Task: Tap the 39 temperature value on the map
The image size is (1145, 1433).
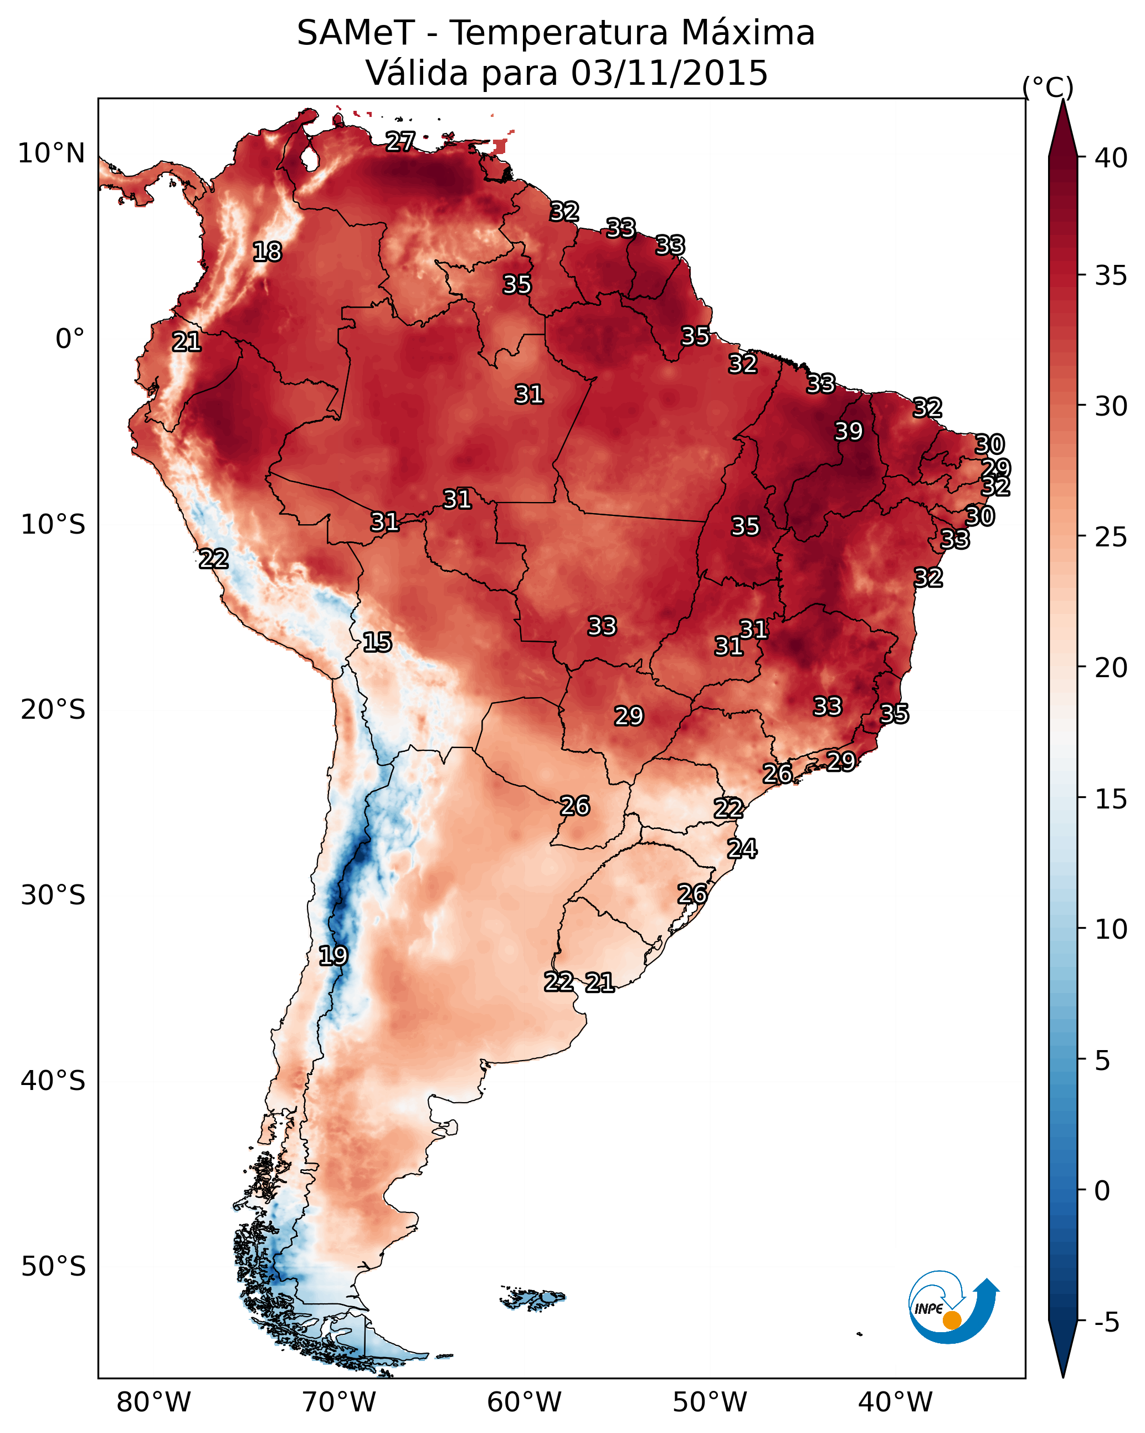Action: pyautogui.click(x=849, y=431)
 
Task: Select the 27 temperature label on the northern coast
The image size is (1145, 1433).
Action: pyautogui.click(x=400, y=141)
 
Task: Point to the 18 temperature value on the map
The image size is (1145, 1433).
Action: pyautogui.click(x=267, y=252)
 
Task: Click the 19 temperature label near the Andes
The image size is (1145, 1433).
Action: pyautogui.click(x=333, y=956)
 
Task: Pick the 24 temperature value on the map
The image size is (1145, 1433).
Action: pyautogui.click(x=742, y=849)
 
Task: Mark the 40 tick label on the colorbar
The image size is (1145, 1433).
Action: pyautogui.click(x=1111, y=158)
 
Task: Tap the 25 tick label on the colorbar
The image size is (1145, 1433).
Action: pyautogui.click(x=1111, y=537)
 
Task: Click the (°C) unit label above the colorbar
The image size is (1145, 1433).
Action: pyautogui.click(x=1048, y=87)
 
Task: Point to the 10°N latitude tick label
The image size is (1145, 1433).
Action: pyautogui.click(x=52, y=153)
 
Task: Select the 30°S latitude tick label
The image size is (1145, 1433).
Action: pyautogui.click(x=53, y=895)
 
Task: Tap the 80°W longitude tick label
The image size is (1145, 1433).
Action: pyautogui.click(x=153, y=1402)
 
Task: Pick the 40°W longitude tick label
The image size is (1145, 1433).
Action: pyautogui.click(x=895, y=1402)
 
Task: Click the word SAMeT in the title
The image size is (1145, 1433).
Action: pyautogui.click(x=356, y=33)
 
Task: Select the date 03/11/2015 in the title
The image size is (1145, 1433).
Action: pyautogui.click(x=669, y=73)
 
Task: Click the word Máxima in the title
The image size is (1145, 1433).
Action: pyautogui.click(x=748, y=33)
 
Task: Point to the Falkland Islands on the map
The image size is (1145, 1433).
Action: pyautogui.click(x=532, y=1297)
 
